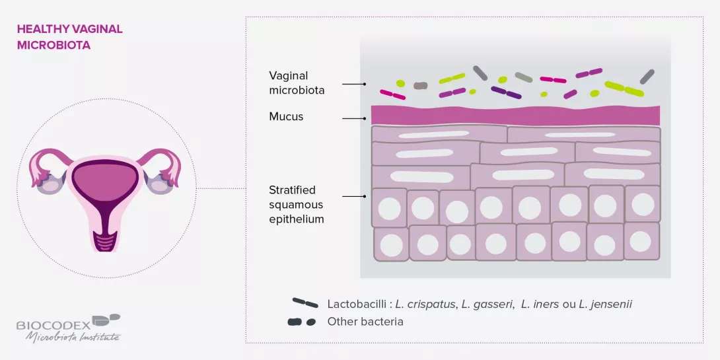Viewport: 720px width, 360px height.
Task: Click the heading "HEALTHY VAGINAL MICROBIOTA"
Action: pos(69,38)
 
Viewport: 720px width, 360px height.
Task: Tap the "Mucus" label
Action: pos(286,117)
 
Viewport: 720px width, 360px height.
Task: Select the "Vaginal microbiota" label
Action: pos(297,83)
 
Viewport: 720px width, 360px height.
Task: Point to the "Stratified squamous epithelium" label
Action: pos(297,205)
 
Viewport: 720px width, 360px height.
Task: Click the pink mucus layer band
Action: pos(515,115)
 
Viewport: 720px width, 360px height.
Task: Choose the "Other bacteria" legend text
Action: pos(365,322)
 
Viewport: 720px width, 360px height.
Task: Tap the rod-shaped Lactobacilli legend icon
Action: pos(305,303)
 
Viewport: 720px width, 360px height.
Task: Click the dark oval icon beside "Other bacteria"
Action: pos(301,322)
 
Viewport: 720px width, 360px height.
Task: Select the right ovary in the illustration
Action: pos(161,182)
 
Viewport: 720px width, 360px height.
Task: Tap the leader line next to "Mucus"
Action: pos(354,118)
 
